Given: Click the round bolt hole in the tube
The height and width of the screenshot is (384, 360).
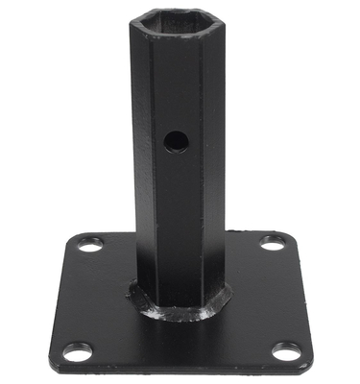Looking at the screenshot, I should click(176, 141).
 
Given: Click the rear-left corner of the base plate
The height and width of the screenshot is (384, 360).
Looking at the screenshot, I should click(75, 238).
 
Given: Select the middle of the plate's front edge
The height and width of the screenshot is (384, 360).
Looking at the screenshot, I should click(182, 374).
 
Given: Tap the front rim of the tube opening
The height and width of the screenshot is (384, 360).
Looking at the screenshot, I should click(173, 32).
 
